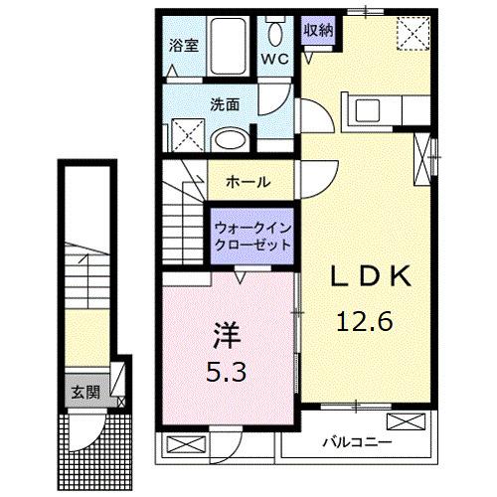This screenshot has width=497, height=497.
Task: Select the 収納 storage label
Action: pos(318,29)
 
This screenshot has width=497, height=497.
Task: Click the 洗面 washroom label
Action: pos(224,102)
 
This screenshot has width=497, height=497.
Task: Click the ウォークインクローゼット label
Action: pos(252,235)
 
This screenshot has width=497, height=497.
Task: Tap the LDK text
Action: pos(370,280)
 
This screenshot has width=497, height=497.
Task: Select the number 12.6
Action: pos(365,321)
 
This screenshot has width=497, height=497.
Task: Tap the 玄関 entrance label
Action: pos(83,392)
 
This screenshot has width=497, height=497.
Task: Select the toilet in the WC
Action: pos(275,30)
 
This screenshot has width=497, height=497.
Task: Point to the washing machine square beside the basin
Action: pos(184,132)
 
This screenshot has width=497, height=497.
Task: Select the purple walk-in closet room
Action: pos(252,235)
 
